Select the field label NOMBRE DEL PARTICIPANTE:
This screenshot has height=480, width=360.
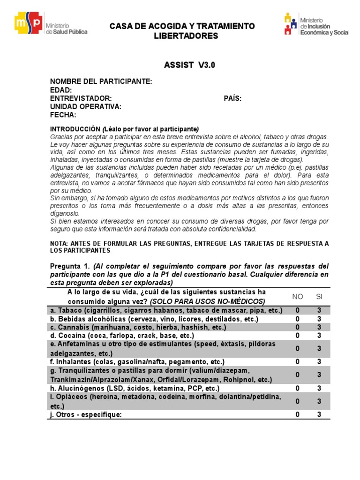click(101, 82)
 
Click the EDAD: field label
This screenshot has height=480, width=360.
click(61, 90)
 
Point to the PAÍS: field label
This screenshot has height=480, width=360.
click(232, 98)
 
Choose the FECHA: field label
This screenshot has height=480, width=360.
click(63, 115)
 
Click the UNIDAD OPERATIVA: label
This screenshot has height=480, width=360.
click(86, 106)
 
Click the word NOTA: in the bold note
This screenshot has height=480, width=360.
click(59, 243)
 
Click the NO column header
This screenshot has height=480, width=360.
click(298, 296)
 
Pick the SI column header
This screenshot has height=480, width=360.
click(319, 296)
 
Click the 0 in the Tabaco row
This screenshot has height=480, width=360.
click(298, 310)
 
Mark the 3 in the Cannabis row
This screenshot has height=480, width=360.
click(319, 327)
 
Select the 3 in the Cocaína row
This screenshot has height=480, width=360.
click(319, 335)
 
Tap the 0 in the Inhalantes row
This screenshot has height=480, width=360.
click(298, 361)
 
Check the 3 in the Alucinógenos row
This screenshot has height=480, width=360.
click(319, 388)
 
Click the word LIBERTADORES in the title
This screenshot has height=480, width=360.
click(186, 36)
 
